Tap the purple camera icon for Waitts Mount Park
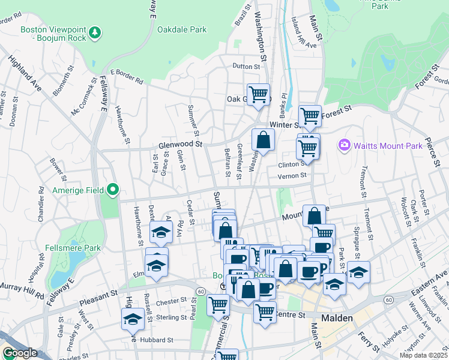[x=345, y=145]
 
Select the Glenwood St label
[x=181, y=145]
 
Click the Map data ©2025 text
[x=422, y=355]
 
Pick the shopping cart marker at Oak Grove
[x=258, y=94]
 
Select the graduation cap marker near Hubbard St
[x=132, y=319]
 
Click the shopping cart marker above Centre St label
[x=265, y=312]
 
